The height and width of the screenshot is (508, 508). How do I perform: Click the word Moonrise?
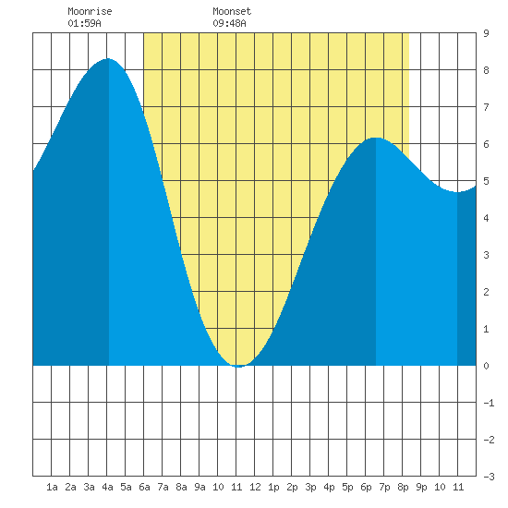coord(90,11)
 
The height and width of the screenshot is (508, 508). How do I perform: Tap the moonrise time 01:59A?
coord(84,23)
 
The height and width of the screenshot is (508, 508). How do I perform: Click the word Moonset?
coord(232,11)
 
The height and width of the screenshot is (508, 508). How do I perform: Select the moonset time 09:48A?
coord(229,23)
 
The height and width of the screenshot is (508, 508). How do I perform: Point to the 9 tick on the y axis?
coord(486,33)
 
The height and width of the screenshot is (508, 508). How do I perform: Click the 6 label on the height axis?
coord(486,144)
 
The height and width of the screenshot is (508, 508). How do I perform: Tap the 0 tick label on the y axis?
coord(486,366)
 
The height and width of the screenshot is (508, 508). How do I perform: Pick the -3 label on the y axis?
coord(489,477)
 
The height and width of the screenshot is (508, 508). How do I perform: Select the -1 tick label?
coord(489,403)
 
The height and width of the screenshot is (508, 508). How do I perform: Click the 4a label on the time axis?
coord(107,487)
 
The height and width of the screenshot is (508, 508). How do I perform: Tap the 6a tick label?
coord(144,487)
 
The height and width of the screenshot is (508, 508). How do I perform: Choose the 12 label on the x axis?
coord(255,487)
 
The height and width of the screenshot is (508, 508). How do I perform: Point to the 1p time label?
coord(273,487)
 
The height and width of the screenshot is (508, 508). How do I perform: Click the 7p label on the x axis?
coord(384,487)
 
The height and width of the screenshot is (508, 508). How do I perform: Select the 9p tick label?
coord(421,487)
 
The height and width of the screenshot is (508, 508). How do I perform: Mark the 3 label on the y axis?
coord(486,255)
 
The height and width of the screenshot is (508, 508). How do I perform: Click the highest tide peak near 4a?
coord(108,59)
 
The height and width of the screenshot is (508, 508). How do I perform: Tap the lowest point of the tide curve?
coord(238,367)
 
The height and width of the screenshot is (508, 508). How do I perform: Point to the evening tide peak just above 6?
coord(376,138)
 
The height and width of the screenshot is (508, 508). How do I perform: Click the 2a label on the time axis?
coord(70,487)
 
